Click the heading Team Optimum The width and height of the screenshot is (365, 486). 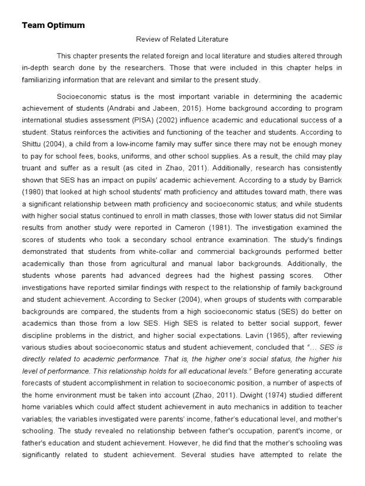click(x=53, y=26)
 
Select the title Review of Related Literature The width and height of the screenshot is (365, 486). click(x=182, y=39)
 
